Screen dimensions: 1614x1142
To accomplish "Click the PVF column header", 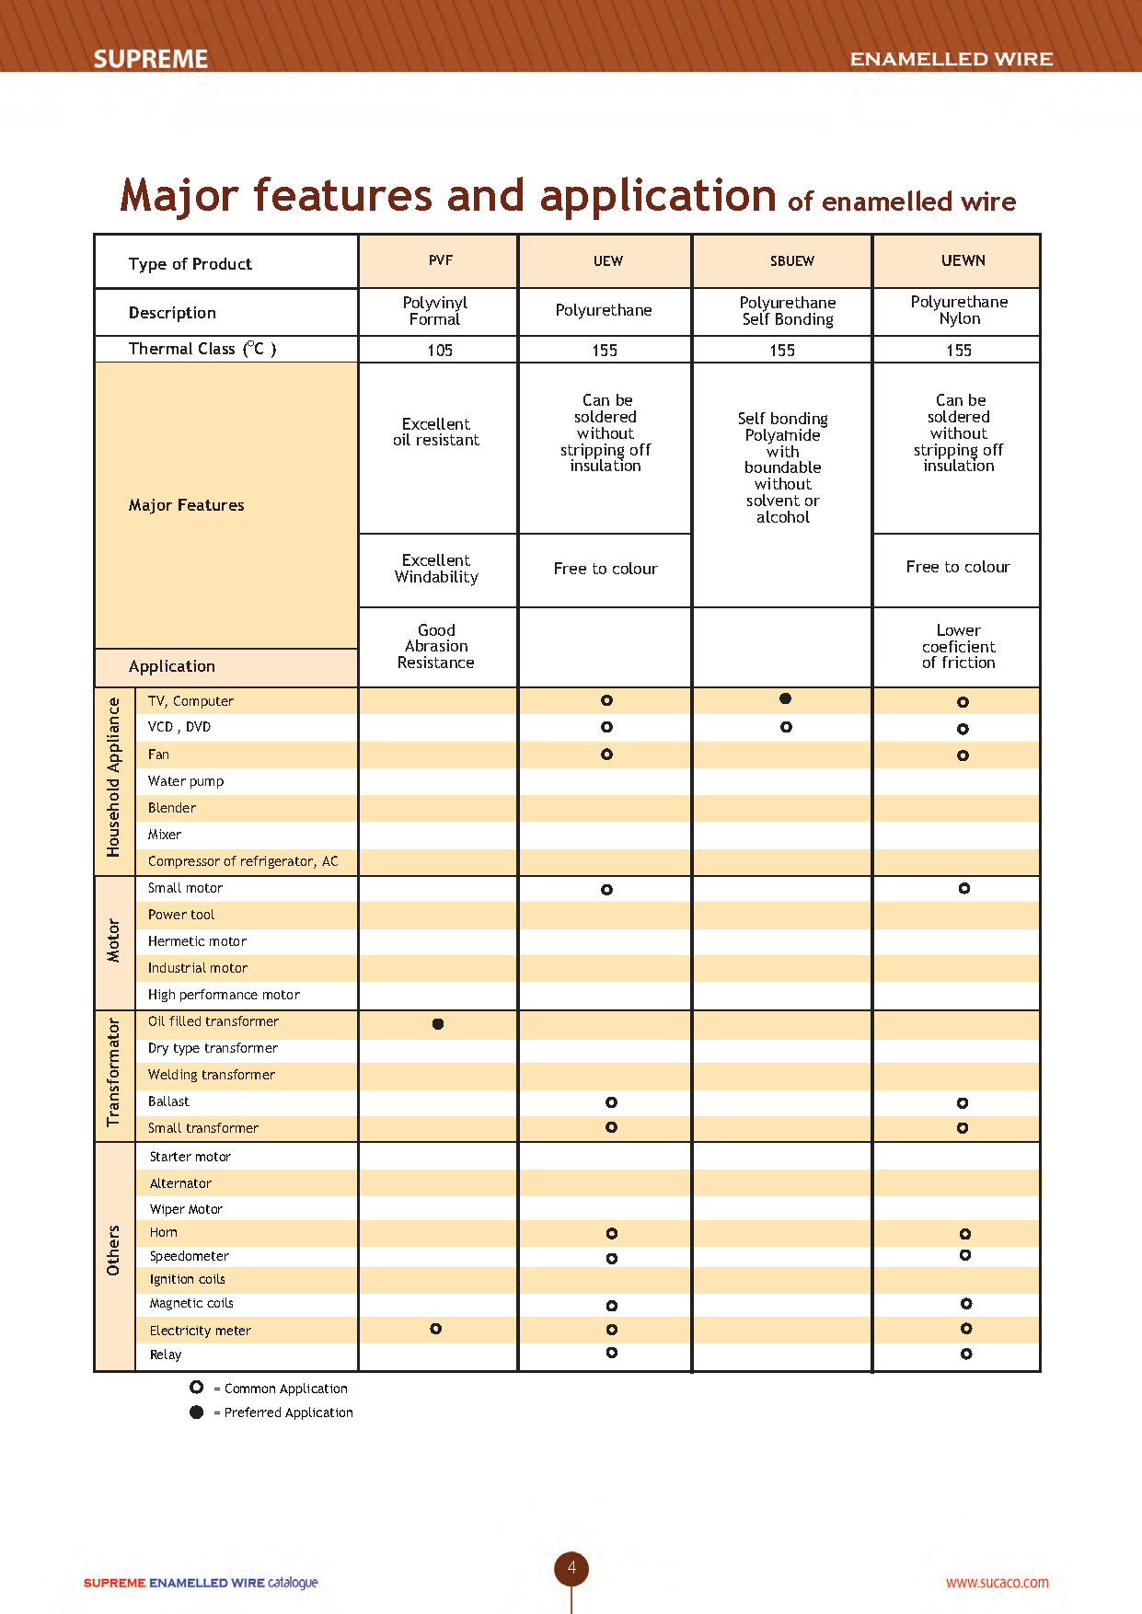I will [440, 260].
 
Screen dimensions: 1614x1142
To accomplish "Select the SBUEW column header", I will [791, 261].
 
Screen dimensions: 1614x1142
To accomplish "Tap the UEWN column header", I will [963, 260].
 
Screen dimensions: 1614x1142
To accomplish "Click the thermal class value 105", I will [440, 351].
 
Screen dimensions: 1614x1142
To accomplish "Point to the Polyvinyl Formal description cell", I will [435, 311].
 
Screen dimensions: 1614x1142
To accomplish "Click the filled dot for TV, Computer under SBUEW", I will [785, 698].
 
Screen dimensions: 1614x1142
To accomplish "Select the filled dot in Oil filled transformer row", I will [438, 1023].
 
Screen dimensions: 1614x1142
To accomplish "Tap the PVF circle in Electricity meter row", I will [436, 1329].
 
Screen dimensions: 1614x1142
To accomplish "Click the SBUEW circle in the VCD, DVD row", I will [786, 727].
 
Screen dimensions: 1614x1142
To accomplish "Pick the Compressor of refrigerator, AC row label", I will [243, 861].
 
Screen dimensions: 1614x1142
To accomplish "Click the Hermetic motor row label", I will [197, 941].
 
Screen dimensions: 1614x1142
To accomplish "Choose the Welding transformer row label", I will [212, 1075].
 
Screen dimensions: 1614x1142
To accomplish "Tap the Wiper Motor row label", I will [186, 1209].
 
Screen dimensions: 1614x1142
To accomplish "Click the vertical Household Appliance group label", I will [114, 778].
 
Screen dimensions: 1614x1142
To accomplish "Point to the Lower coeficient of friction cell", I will [958, 646].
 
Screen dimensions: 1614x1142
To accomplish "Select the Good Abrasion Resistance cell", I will [436, 646].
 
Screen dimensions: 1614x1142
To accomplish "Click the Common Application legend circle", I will [196, 1387].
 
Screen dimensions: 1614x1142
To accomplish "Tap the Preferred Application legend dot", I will [196, 1412].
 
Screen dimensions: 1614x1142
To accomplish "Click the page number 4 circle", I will [571, 1568].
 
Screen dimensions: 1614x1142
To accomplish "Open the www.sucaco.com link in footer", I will [997, 1583].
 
